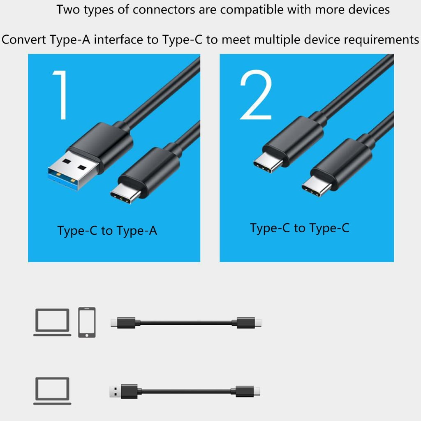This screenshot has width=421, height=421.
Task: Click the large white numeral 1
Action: (x=61, y=95)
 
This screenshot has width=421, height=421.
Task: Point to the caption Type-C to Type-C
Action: (x=300, y=229)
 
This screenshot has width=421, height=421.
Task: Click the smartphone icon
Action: (x=87, y=322)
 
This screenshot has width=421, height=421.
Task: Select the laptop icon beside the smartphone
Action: (x=52, y=322)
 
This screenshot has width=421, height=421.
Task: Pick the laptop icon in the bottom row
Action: (x=52, y=391)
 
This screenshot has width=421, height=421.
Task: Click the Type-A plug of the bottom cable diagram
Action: (x=115, y=391)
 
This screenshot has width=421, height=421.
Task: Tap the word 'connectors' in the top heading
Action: (x=164, y=10)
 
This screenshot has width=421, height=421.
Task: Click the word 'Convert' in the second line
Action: (x=23, y=40)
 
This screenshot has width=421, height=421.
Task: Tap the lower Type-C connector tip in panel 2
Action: (x=316, y=186)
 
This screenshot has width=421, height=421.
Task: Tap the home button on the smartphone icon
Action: (x=87, y=335)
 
